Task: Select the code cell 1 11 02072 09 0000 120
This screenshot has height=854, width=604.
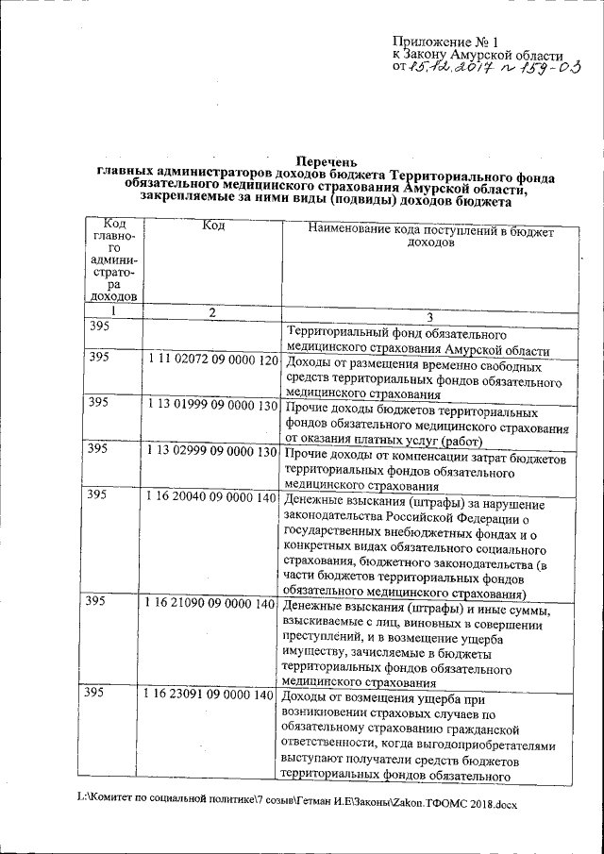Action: click(212, 361)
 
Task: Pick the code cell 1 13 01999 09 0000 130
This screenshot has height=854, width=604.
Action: click(212, 406)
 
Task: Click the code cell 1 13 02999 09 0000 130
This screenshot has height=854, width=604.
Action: click(212, 451)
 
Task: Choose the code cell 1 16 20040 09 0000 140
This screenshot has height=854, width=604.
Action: click(212, 496)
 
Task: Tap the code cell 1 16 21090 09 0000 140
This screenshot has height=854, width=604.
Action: click(212, 604)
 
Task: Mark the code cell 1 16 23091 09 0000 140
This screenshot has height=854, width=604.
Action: click(212, 695)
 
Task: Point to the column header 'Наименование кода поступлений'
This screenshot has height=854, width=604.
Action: click(419, 230)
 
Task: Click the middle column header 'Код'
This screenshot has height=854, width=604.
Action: click(212, 224)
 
